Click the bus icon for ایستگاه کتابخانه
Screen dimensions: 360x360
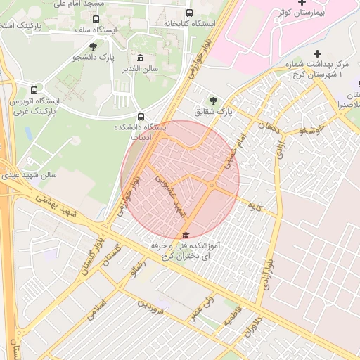(188, 13)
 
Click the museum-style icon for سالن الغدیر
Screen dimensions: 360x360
(140, 58)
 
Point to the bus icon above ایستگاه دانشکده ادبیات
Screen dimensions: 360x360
(141, 117)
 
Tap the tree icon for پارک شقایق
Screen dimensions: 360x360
(213, 100)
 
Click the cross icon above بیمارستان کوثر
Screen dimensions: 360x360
(301, 4)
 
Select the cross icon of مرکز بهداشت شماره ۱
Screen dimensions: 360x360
(317, 53)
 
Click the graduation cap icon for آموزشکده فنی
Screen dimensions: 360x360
(186, 236)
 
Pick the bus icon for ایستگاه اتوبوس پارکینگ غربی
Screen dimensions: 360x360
(34, 90)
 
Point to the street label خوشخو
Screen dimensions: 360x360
(311, 130)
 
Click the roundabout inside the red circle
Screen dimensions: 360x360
(211, 185)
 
